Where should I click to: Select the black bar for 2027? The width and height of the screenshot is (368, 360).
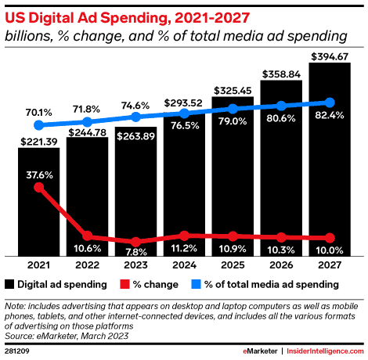coord(329,172)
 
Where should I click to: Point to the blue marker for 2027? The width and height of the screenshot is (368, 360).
coord(330,103)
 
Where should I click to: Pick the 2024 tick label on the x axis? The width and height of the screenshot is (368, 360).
coord(184,264)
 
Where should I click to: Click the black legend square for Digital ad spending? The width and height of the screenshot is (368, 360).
coord(9,283)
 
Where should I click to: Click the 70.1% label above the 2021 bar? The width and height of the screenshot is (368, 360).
coord(39,111)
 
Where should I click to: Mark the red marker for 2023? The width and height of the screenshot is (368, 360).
coord(136,241)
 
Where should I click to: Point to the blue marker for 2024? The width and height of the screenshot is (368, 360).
coord(185,113)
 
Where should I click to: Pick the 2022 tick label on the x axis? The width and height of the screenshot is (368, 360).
coord(88,264)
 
